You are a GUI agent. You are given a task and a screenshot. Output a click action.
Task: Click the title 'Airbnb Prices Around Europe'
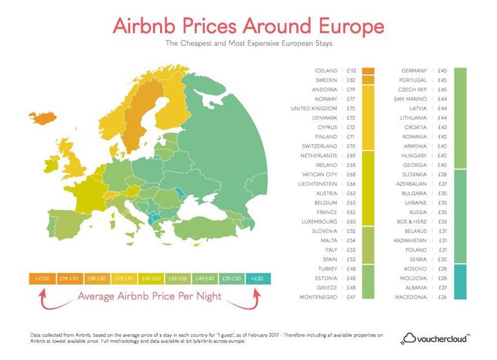click(x=249, y=26)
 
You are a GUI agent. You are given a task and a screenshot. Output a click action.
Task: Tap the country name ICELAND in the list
click(x=326, y=70)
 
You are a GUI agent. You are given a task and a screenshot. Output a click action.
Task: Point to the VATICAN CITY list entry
click(x=321, y=174)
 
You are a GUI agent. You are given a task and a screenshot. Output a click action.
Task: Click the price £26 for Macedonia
click(x=443, y=297)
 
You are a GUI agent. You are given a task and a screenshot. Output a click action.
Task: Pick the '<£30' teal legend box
click(x=257, y=278)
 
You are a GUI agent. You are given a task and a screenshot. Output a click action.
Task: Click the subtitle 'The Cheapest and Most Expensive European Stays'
click(x=249, y=45)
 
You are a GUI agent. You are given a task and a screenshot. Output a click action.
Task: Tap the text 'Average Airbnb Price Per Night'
click(x=149, y=297)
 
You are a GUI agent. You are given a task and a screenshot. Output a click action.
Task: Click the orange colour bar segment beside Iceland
click(x=369, y=70)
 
